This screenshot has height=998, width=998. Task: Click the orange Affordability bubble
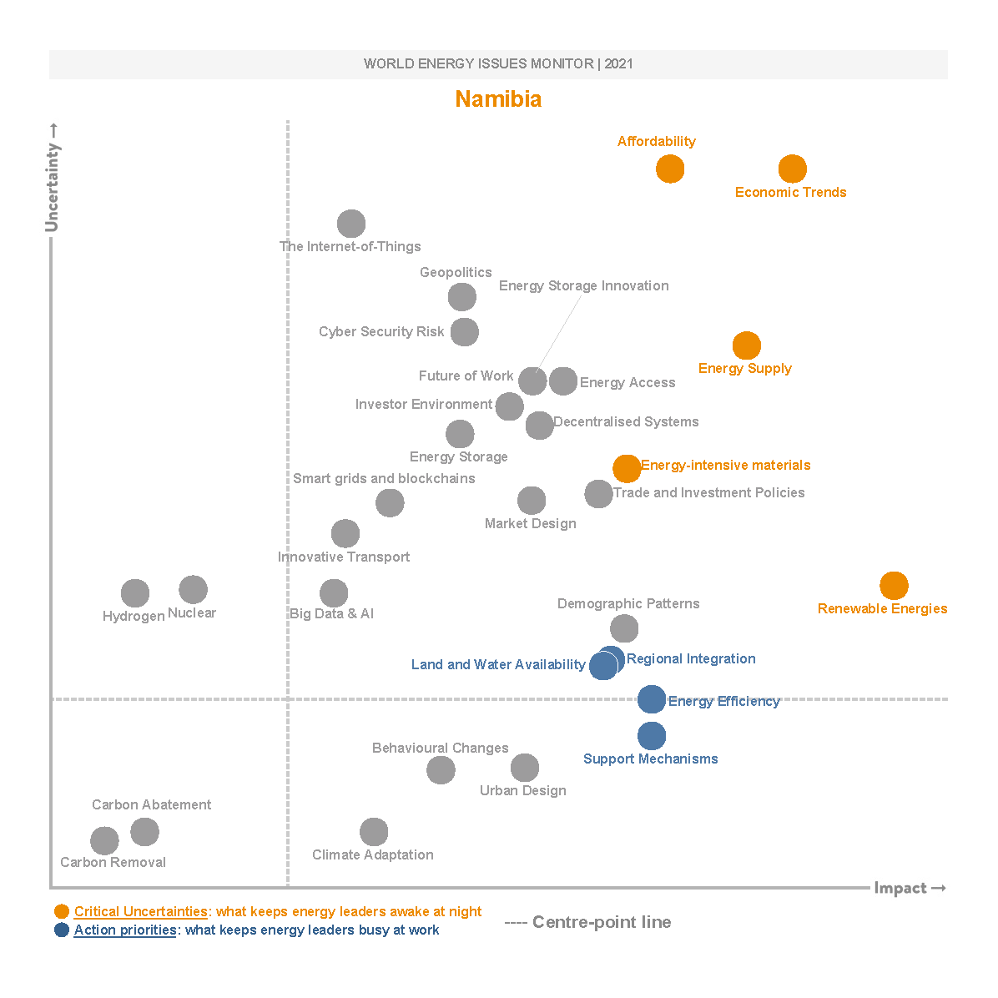point(670,169)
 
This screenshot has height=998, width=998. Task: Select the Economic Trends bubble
point(792,169)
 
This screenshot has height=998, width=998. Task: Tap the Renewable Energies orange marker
point(894,586)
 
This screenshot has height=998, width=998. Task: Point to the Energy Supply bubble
point(747,345)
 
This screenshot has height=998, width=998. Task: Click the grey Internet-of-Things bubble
point(351,224)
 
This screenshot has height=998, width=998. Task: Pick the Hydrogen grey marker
point(135,593)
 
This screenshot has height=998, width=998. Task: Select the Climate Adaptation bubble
point(374,832)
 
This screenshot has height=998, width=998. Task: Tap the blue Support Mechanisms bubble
point(652,736)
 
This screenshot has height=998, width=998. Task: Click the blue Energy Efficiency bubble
point(652,699)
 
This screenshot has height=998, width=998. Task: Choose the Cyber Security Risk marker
point(465,332)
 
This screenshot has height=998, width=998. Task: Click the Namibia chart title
point(498,99)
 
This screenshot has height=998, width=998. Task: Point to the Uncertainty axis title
point(53,177)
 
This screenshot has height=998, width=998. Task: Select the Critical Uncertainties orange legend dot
point(62,911)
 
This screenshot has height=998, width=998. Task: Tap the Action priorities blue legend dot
point(62,930)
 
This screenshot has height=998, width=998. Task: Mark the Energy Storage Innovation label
point(583,285)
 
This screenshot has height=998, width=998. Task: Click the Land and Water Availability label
point(498,664)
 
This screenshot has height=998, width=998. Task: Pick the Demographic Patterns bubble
point(624,628)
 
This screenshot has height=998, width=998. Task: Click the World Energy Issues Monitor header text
point(498,64)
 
